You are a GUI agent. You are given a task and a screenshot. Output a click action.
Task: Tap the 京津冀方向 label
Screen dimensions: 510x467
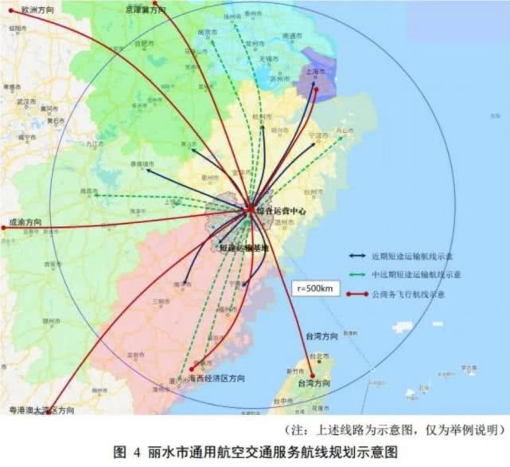point(146,10)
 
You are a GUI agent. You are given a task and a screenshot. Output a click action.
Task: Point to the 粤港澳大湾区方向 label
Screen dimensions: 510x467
point(41,410)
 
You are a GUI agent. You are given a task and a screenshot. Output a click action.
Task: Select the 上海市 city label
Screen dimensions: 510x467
point(314,71)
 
